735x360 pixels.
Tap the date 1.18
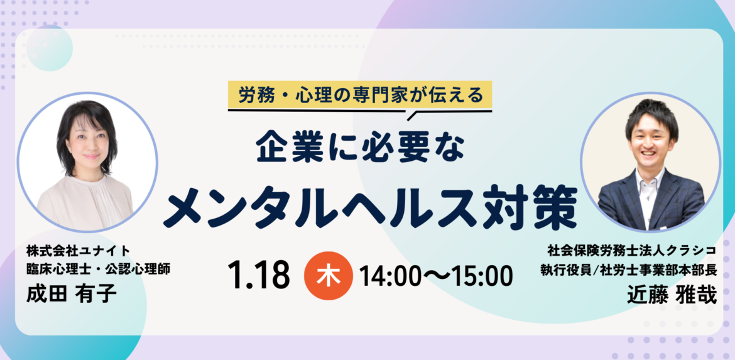258,276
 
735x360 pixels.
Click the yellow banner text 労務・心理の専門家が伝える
360,95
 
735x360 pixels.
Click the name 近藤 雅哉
672,296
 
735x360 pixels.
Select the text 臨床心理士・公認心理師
98,269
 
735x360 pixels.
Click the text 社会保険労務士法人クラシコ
631,251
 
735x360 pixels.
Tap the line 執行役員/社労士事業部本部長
628,271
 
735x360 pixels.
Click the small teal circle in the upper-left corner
49,48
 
